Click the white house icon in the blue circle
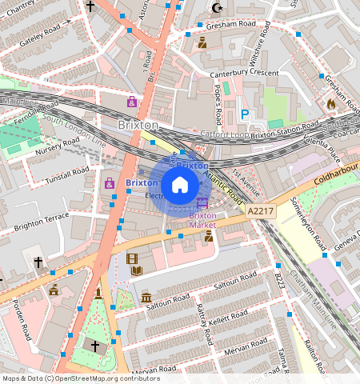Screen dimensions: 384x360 [x=180, y=185]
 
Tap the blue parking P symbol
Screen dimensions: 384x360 [x=245, y=115]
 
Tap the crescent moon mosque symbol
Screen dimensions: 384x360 [x=216, y=9]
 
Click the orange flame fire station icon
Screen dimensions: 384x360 [x=332, y=103]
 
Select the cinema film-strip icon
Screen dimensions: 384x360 [x=132, y=258]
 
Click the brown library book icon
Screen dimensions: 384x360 [x=136, y=272]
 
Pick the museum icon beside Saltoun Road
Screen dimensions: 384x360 [x=146, y=298]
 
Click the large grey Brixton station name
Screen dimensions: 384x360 [x=138, y=126]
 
